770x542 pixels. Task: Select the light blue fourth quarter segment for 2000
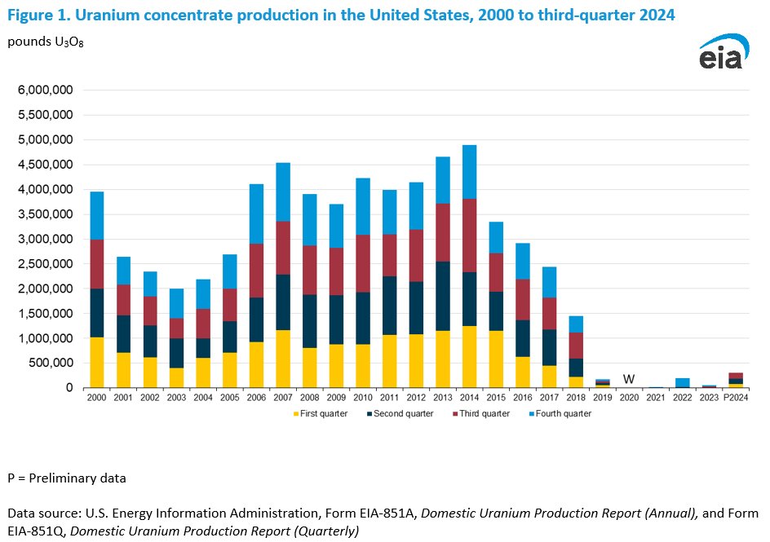tap(97, 216)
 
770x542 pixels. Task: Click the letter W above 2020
tap(628, 379)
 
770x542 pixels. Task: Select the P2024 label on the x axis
tap(736, 398)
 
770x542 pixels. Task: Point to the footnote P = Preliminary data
tap(67, 478)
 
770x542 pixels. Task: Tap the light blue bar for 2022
tap(681, 382)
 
